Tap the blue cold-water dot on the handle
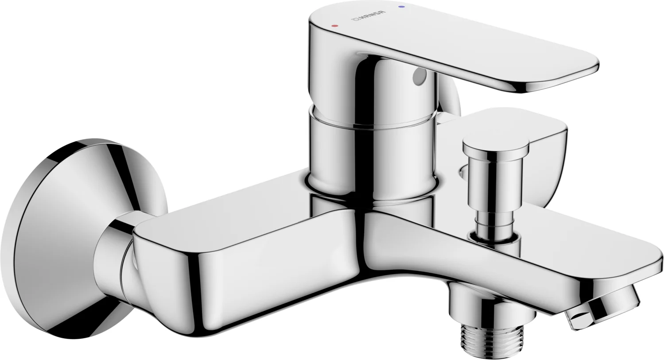click(402, 7)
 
